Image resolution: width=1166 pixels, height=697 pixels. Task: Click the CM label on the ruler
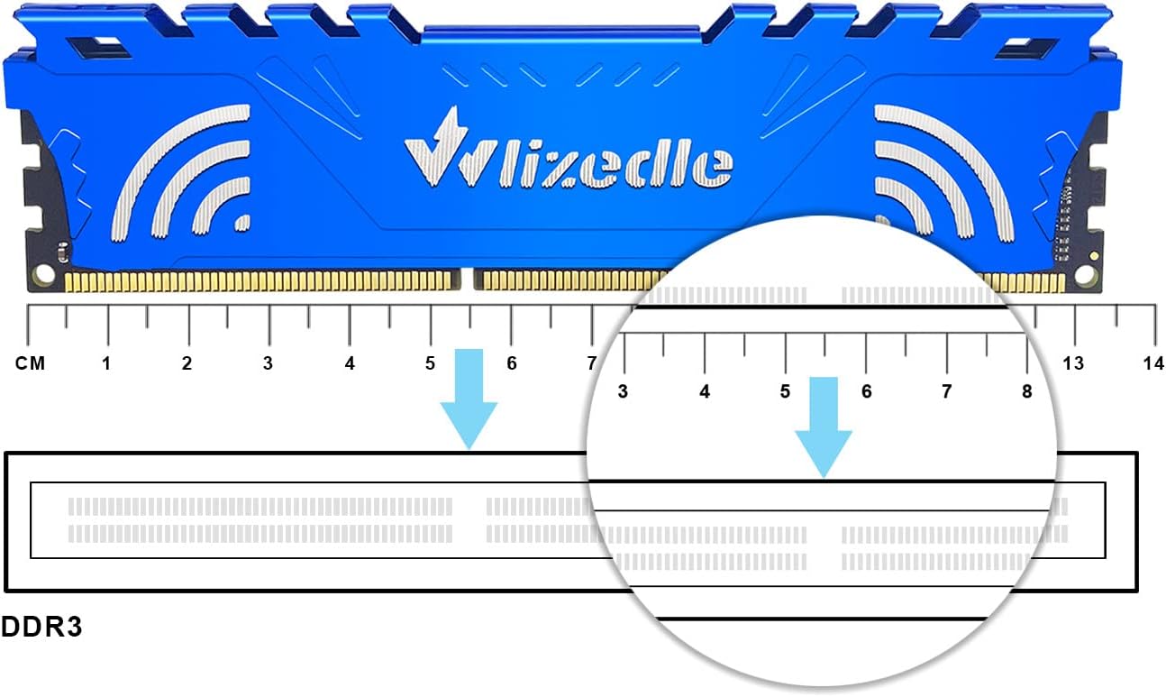pos(31,363)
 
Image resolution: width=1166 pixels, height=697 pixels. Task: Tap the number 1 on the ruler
pos(106,363)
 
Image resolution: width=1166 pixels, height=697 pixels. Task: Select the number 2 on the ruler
pos(187,363)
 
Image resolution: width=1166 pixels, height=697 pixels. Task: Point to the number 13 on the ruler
pos(1073,363)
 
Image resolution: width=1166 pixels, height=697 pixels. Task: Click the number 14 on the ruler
pos(1153,363)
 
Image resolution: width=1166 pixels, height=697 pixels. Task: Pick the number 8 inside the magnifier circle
pos(1027,391)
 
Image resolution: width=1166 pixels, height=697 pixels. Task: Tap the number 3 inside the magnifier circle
pos(623,391)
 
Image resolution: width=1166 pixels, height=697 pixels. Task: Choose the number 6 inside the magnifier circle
pos(867,391)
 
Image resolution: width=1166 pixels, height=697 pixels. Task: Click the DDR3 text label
pos(41,627)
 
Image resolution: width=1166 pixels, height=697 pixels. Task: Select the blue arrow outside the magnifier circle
pos(469,399)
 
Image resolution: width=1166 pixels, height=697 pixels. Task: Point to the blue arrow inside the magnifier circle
pos(824,427)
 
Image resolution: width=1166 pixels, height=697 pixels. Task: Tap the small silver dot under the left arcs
pos(243,223)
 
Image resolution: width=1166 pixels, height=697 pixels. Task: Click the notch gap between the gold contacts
pos(467,280)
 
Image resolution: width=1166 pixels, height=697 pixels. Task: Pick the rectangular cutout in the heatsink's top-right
pos(1025,49)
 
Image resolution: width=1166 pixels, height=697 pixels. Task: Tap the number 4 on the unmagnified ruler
pos(350,363)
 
